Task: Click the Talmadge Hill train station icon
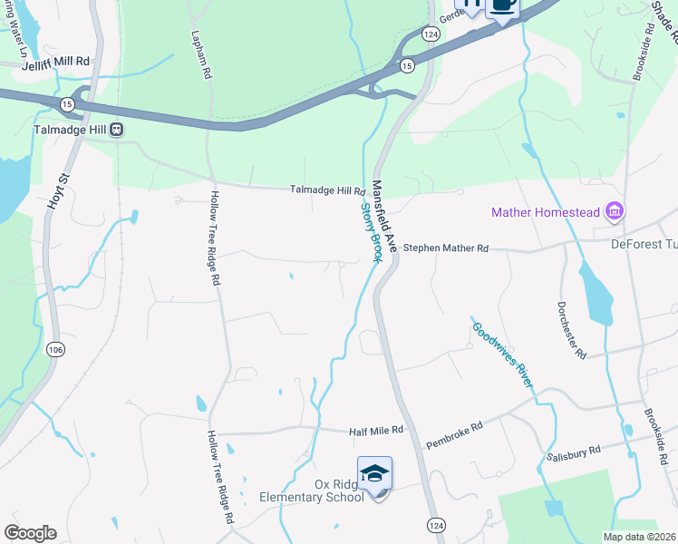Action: pyautogui.click(x=117, y=130)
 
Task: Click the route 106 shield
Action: pyautogui.click(x=55, y=349)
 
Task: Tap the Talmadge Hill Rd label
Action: pyautogui.click(x=326, y=190)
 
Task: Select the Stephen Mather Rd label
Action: pyautogui.click(x=445, y=248)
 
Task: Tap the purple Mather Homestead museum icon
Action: pyautogui.click(x=615, y=211)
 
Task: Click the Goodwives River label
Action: pyautogui.click(x=500, y=354)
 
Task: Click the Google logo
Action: pyautogui.click(x=30, y=533)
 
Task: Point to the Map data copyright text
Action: pyautogui.click(x=638, y=537)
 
